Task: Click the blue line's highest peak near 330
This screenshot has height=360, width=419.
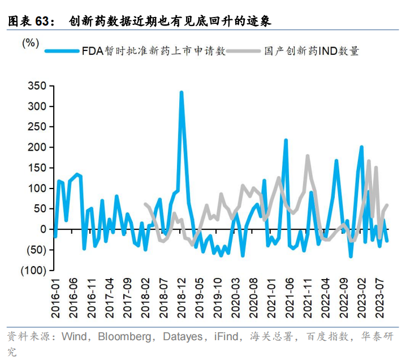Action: [x=182, y=92]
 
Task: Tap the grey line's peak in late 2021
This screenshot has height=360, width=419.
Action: [x=308, y=156]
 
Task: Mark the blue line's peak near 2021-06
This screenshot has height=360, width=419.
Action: [x=286, y=140]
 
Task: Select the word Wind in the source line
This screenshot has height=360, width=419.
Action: [x=74, y=337]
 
